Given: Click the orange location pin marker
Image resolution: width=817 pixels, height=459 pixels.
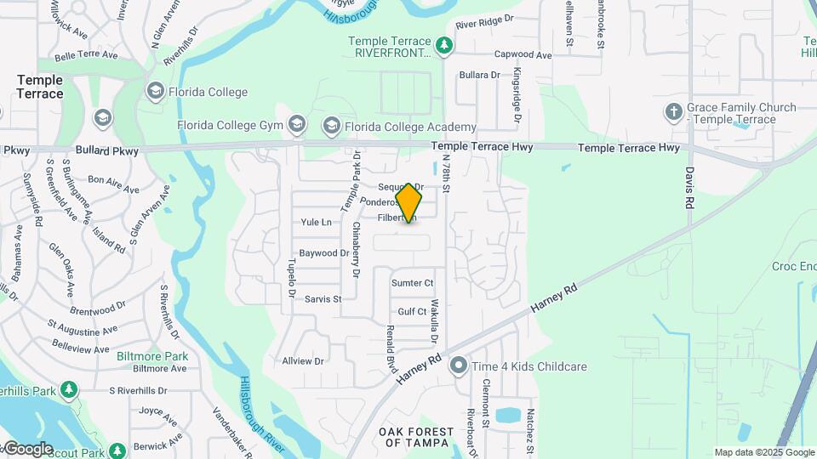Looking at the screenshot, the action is pyautogui.click(x=409, y=202).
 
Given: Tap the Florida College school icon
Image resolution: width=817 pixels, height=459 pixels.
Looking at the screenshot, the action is pyautogui.click(x=155, y=91).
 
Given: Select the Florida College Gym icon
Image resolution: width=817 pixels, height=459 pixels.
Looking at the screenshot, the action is pyautogui.click(x=296, y=126).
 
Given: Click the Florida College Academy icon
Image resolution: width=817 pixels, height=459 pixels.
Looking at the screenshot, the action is pyautogui.click(x=332, y=127).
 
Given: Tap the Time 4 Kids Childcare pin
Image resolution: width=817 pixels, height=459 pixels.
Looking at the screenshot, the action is pyautogui.click(x=459, y=366).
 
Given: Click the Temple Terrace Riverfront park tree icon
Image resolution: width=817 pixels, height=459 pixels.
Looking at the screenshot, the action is pyautogui.click(x=443, y=46).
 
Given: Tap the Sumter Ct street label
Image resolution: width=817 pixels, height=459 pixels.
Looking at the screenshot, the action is pyautogui.click(x=412, y=282).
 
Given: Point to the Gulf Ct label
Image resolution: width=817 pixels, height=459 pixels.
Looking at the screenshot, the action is pyautogui.click(x=412, y=312).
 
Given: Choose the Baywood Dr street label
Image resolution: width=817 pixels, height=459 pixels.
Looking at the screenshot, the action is pyautogui.click(x=324, y=252).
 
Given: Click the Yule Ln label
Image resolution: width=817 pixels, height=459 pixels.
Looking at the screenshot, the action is pyautogui.click(x=316, y=222).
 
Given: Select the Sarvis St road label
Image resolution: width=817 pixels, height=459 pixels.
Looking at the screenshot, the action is pyautogui.click(x=323, y=299).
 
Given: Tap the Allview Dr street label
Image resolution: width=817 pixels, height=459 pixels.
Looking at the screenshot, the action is pyautogui.click(x=304, y=360).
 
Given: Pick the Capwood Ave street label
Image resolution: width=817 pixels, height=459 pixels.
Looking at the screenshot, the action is pyautogui.click(x=523, y=55).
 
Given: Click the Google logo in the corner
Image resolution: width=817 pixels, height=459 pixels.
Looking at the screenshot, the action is pyautogui.click(x=28, y=449).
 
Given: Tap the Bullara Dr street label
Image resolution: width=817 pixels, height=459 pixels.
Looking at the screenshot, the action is pyautogui.click(x=479, y=75).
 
